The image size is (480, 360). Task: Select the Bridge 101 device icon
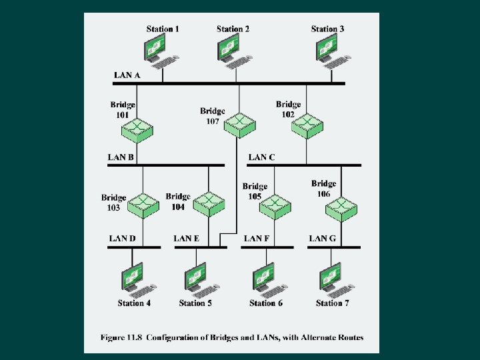[141, 126]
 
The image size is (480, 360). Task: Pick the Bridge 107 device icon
[240, 123]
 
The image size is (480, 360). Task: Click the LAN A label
[127, 75]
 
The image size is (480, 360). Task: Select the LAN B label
[121, 157]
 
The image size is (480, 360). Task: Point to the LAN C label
[262, 157]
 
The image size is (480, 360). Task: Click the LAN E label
[187, 238]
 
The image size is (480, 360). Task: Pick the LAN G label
[323, 238]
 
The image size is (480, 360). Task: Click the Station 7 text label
[332, 303]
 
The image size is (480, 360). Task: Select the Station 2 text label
[233, 29]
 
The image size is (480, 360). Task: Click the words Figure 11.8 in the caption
[122, 337]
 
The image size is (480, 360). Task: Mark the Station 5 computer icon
[198, 280]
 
